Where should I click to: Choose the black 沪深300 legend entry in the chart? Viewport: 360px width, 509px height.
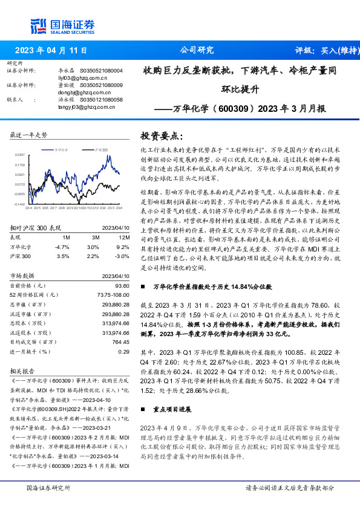click(x=99, y=149)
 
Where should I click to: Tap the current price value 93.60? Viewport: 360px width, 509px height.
click(x=122, y=285)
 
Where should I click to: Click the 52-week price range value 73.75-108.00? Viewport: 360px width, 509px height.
click(x=114, y=294)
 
